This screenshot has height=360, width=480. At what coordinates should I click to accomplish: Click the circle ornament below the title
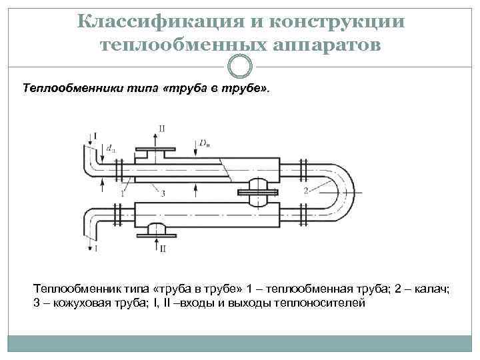[240, 66]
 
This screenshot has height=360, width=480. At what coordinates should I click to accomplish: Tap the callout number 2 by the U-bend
[306, 191]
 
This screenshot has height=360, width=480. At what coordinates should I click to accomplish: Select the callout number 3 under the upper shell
[163, 193]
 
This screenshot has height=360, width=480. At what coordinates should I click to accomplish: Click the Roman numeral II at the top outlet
[162, 127]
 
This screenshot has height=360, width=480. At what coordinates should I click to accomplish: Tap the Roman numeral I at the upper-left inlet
[95, 135]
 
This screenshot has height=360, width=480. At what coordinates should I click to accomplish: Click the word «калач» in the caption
[433, 289]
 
